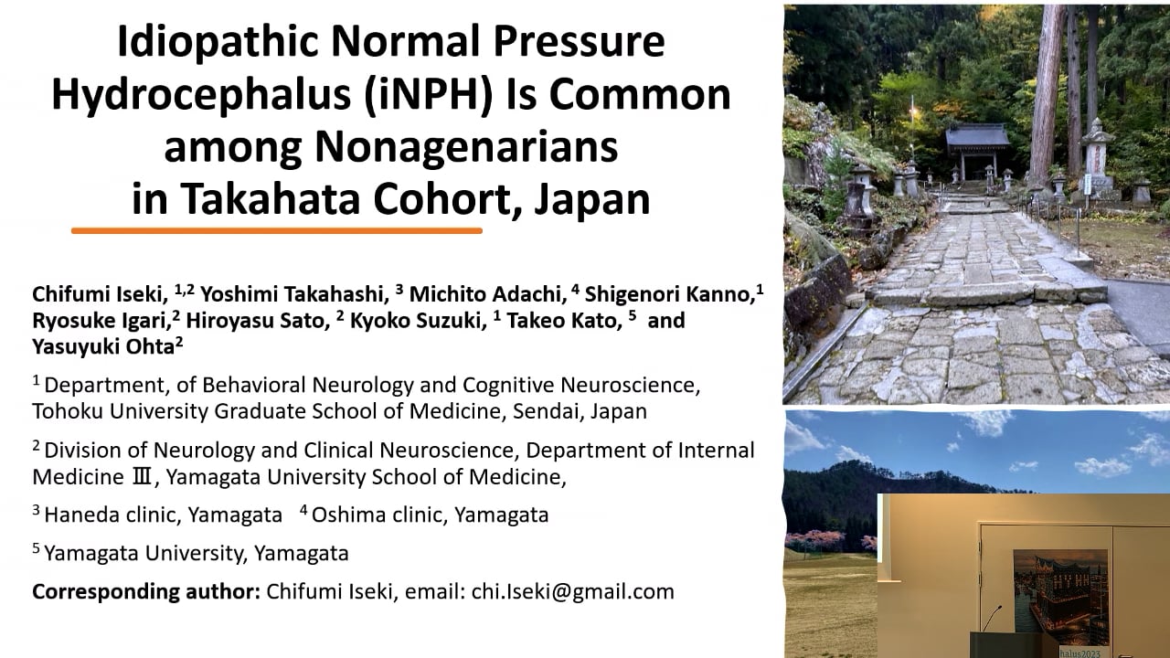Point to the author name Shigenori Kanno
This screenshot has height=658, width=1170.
tap(670, 294)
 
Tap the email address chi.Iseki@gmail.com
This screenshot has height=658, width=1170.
tap(573, 591)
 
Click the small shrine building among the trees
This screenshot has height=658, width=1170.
tap(977, 151)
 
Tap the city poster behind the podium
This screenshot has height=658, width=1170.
tap(1060, 594)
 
